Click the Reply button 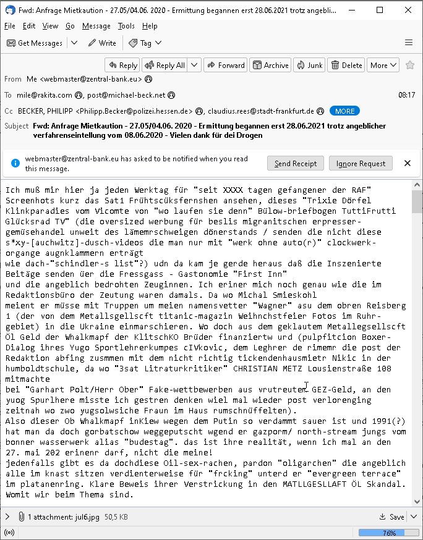point(122,65)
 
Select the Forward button point(225,65)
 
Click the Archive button point(270,65)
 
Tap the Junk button point(309,65)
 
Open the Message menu point(96,26)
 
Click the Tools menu point(126,26)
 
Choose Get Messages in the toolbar point(35,43)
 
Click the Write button point(102,43)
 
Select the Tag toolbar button point(140,43)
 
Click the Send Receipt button point(296,163)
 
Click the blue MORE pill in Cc point(345,111)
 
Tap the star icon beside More point(409,65)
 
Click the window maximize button point(380,10)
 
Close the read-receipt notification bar point(408,163)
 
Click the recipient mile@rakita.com point(44,95)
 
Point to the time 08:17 point(407,95)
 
